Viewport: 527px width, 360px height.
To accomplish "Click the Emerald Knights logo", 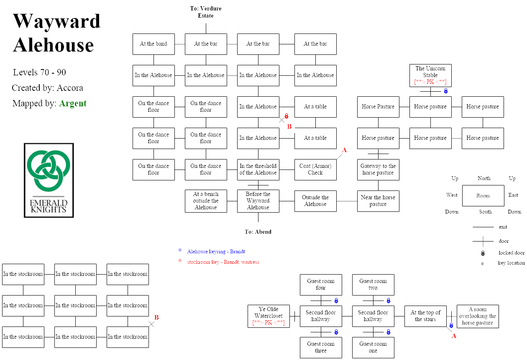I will [49, 180].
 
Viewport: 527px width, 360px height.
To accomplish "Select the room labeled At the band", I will [153, 44].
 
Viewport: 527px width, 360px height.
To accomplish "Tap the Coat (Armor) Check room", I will [315, 170].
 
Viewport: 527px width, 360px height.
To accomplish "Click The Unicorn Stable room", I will [430, 75].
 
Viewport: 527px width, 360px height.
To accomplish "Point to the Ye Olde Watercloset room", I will [269, 316].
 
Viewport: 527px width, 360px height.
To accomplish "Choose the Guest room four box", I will [321, 285].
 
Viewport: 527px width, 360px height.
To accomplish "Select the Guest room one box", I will [373, 347].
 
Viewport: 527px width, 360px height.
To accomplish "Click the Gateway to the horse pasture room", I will [378, 170].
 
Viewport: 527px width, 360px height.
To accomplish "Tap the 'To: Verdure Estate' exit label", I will [206, 12].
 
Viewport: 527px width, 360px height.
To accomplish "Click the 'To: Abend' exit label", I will [258, 232].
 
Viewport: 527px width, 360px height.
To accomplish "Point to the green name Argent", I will [73, 103].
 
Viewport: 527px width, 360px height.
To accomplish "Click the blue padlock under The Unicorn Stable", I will [446, 91].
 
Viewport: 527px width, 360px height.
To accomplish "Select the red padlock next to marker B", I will [287, 116].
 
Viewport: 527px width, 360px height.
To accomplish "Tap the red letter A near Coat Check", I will [345, 150].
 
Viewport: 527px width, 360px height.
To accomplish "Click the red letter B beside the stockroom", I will [156, 317].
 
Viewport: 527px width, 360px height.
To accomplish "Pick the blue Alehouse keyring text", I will [216, 252].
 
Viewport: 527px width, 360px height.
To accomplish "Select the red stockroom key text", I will [223, 262].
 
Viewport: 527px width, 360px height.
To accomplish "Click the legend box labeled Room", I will [483, 195].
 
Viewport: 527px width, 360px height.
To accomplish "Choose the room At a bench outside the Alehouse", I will [206, 201].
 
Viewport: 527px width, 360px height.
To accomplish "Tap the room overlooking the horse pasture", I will [478, 316].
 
